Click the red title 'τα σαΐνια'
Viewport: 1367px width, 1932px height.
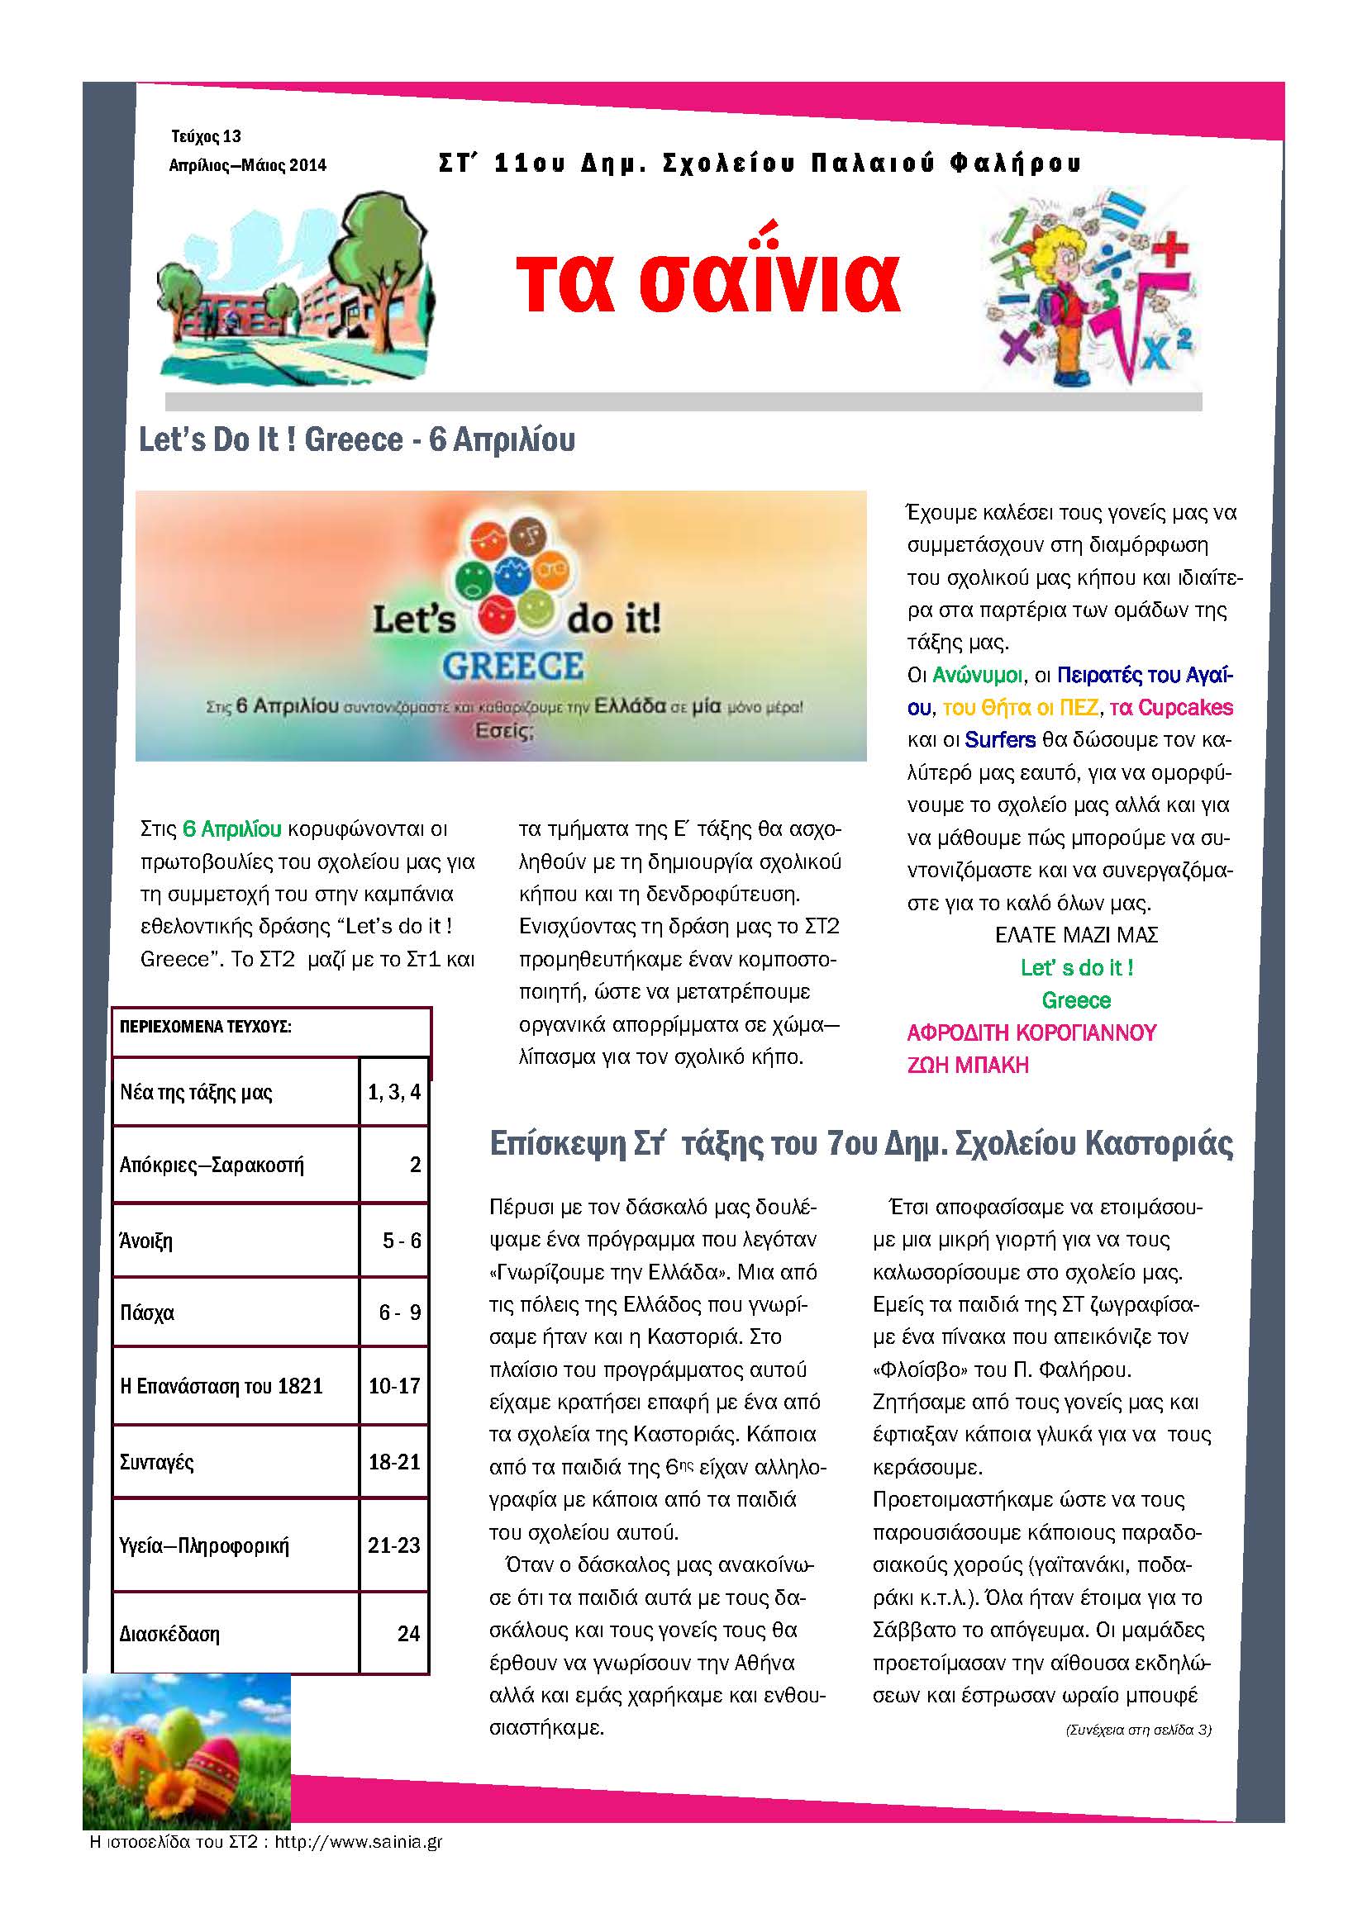pos(708,280)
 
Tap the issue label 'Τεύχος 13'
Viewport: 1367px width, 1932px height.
pos(207,136)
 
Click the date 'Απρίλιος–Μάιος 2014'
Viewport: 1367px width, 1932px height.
pos(247,166)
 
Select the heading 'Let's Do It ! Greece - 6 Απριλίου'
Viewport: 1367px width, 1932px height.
pos(357,440)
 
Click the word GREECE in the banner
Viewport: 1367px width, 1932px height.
pos(512,667)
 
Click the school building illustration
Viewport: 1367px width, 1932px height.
pos(294,290)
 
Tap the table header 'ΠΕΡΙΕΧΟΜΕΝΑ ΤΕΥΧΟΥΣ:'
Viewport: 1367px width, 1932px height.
pos(206,1027)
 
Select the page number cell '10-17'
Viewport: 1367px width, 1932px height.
pos(394,1385)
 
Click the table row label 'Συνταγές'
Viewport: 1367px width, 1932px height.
pos(156,1462)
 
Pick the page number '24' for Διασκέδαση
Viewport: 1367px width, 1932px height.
pos(408,1633)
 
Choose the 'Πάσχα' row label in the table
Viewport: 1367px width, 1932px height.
pos(147,1313)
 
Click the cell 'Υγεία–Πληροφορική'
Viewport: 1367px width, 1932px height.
pos(203,1545)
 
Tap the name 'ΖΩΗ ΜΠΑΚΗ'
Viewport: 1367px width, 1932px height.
pos(968,1066)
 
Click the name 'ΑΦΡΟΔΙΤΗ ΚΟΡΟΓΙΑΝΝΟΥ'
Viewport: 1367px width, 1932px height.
pos(1031,1032)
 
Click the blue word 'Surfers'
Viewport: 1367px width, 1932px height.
pos(1000,740)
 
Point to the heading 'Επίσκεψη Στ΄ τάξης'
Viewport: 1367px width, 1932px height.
pos(860,1143)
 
